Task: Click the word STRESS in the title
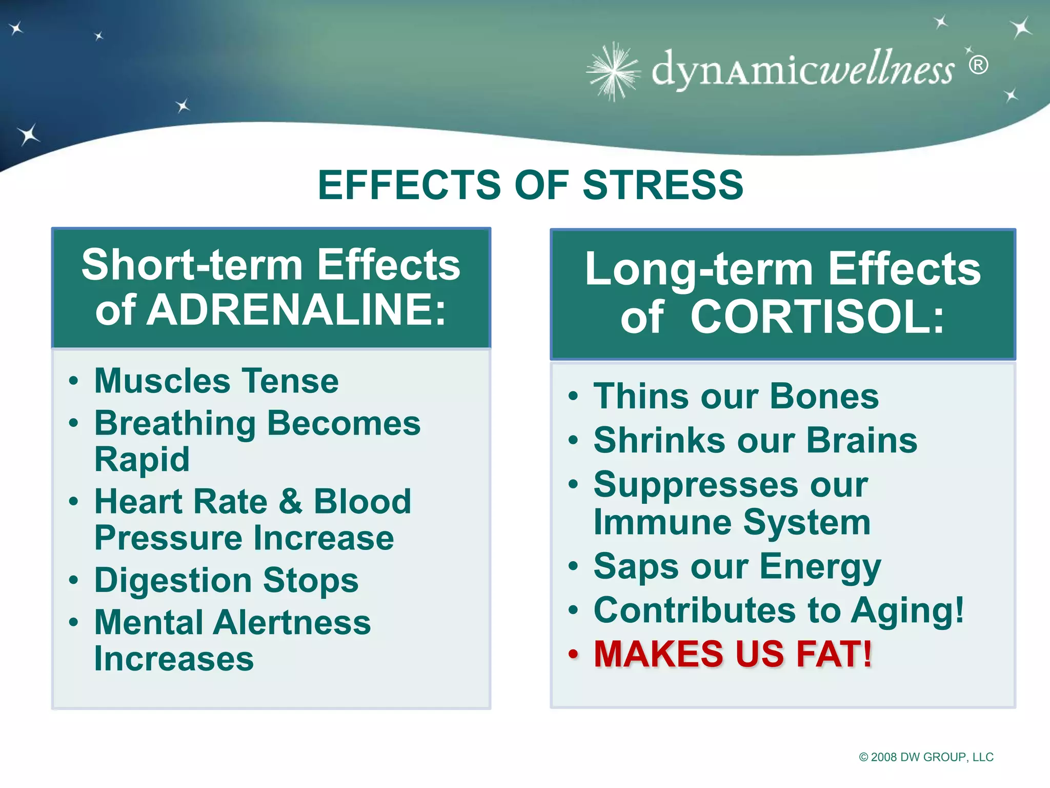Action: tap(662, 185)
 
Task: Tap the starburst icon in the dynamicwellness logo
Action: tap(613, 71)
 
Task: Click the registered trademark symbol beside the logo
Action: tap(978, 65)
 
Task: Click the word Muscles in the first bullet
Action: tap(163, 381)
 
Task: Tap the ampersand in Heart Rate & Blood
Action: tap(291, 501)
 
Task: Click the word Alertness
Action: tap(292, 623)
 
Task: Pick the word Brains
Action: tap(861, 441)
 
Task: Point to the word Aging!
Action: tap(907, 610)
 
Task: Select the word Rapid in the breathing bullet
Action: tap(142, 459)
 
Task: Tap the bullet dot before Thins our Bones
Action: tap(573, 397)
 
